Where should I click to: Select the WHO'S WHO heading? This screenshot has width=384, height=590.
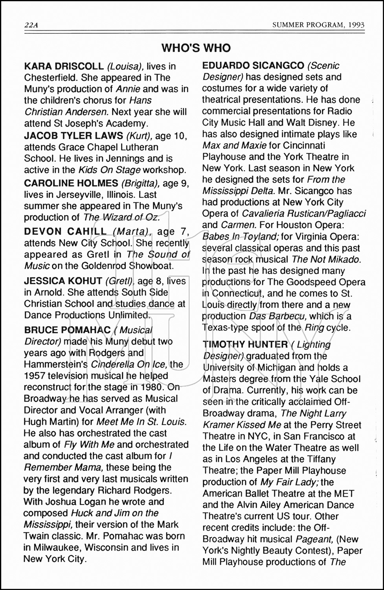coord(196,48)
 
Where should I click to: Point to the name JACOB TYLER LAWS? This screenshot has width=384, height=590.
coord(73,136)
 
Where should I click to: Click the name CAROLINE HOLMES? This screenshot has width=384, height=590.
coord(71,183)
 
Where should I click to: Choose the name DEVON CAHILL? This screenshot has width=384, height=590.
coord(65,231)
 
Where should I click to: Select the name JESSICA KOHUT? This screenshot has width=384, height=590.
coord(63,281)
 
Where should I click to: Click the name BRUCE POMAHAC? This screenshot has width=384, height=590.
coord(68,330)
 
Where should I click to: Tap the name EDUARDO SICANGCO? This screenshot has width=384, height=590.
coord(253,65)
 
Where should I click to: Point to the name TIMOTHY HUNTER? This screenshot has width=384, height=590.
coord(245,345)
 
